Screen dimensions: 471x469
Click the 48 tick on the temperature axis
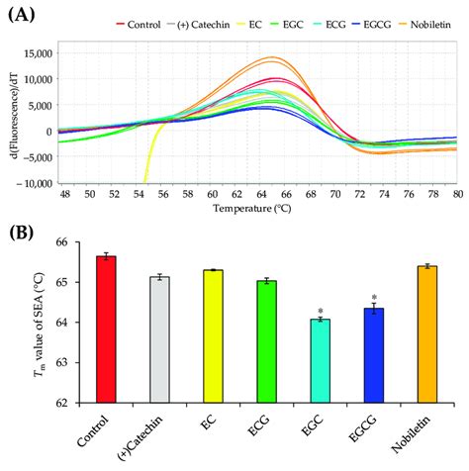click(x=65, y=196)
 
